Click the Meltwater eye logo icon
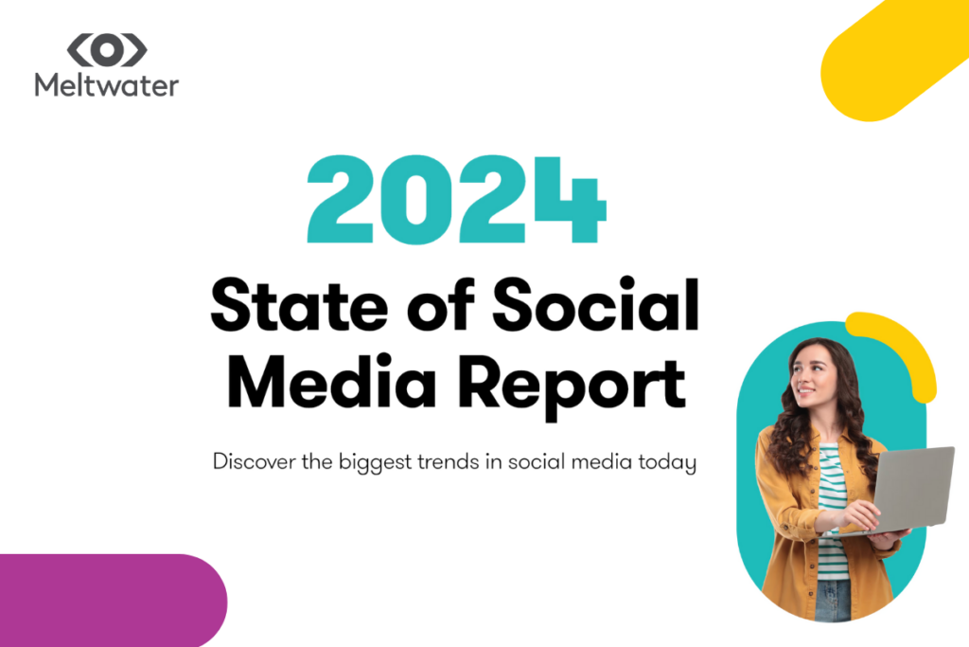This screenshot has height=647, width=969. tap(107, 50)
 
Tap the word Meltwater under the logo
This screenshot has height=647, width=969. tap(106, 84)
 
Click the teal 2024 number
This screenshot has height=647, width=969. tap(457, 199)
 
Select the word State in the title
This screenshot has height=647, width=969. tap(299, 306)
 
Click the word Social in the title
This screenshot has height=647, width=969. tap(596, 304)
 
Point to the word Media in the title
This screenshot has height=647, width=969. tap(332, 381)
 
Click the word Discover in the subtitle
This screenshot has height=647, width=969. tap(254, 461)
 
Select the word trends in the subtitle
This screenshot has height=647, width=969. tap(448, 462)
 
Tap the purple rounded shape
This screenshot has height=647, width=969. tap(114, 600)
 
